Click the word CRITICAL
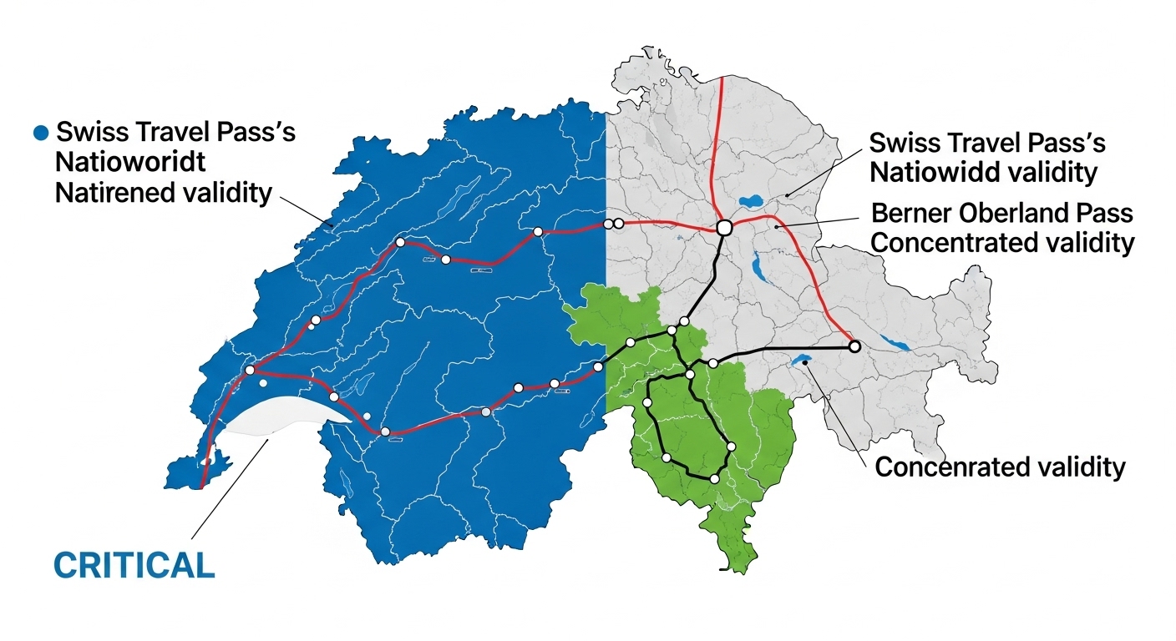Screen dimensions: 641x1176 coord(134,565)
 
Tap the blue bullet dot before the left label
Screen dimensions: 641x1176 coord(38,133)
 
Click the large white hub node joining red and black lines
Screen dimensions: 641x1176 coord(724,227)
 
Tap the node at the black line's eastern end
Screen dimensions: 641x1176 coord(854,346)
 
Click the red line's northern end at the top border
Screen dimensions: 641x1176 coord(723,80)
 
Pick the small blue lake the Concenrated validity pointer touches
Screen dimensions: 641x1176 coord(803,362)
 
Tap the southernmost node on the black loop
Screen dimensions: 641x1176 coord(714,479)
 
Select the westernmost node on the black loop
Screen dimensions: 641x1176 coord(647,403)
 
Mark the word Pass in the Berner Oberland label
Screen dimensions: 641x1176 coord(1108,213)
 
